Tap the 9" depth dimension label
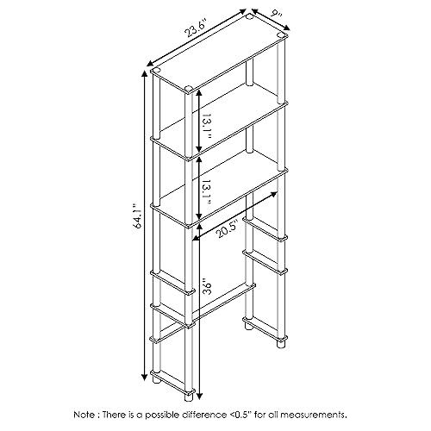coord(276,15)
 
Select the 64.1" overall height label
coord(137,216)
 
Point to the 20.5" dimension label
coord(227,229)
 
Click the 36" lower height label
coord(207,286)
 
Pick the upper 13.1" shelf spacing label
coord(207,125)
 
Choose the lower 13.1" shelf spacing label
coord(207,192)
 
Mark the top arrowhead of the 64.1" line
coord(145,73)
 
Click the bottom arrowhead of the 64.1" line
coord(145,377)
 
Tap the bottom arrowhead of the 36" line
coord(199,396)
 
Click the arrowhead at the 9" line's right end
coord(287,28)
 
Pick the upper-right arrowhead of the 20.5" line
coord(273,195)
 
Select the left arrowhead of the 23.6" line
coord(151,64)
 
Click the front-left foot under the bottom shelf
coord(188,397)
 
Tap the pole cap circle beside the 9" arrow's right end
coord(280,35)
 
